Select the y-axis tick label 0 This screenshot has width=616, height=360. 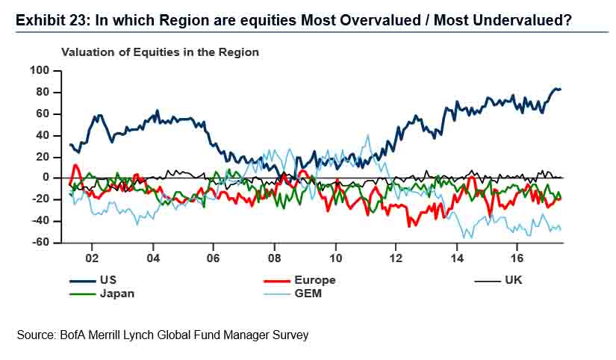tap(46, 178)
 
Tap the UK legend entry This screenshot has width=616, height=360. tap(516, 280)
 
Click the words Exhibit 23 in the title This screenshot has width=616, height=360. tap(47, 20)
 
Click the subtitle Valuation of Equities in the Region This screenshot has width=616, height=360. tap(160, 52)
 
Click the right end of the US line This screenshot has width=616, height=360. tap(561, 90)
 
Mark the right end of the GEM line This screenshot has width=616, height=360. tap(561, 229)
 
